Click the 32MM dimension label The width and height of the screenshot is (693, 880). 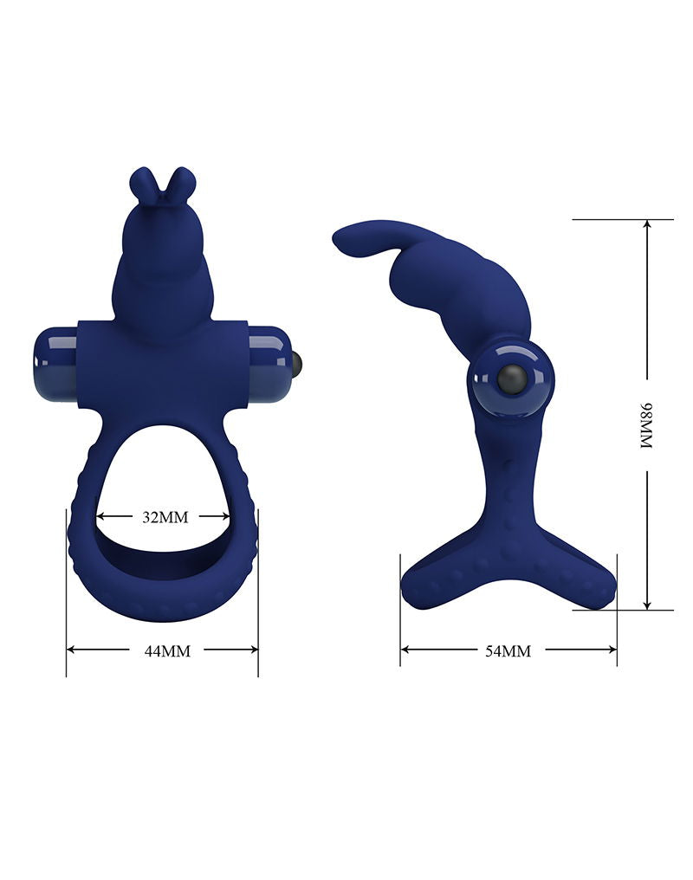pos(165,517)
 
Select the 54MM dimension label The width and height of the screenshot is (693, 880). pos(508,650)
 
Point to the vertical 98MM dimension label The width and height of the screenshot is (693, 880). pos(646,424)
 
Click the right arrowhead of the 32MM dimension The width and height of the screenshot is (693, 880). pos(227,517)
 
